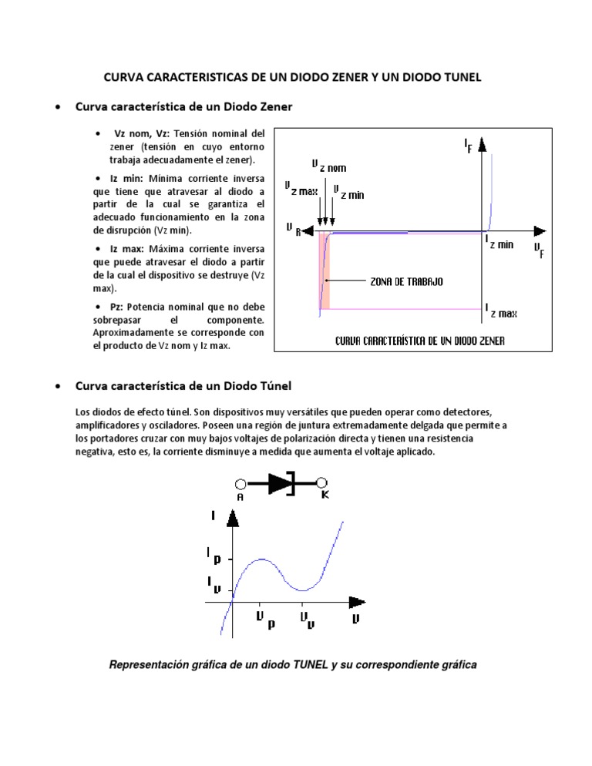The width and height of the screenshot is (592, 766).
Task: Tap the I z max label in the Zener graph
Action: (502, 311)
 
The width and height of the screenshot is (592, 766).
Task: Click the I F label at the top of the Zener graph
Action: (469, 145)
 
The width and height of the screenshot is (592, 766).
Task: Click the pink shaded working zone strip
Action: (325, 270)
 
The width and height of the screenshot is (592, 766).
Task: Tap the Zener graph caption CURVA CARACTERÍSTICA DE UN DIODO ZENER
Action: (420, 341)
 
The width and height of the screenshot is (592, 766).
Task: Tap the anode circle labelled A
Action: (240, 484)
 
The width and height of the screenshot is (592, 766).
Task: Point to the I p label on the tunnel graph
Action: (213, 555)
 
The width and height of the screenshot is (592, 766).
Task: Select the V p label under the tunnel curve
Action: (264, 620)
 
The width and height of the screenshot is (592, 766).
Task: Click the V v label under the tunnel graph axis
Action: (307, 620)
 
